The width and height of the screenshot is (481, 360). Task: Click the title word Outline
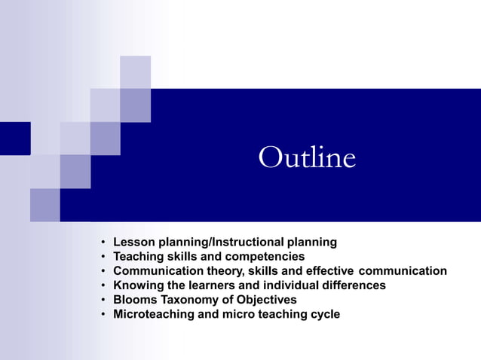(x=307, y=158)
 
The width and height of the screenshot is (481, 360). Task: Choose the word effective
(x=329, y=271)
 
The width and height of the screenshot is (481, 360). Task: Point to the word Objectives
(x=265, y=300)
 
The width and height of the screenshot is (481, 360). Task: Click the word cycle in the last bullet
(x=323, y=314)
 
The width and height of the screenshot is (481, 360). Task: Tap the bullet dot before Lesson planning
(x=102, y=243)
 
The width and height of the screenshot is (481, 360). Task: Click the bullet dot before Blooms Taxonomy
(x=102, y=301)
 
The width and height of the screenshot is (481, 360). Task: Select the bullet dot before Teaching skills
(x=102, y=258)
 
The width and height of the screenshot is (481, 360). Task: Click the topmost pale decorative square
(x=135, y=72)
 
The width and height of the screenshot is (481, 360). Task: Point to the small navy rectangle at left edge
(x=14, y=138)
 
